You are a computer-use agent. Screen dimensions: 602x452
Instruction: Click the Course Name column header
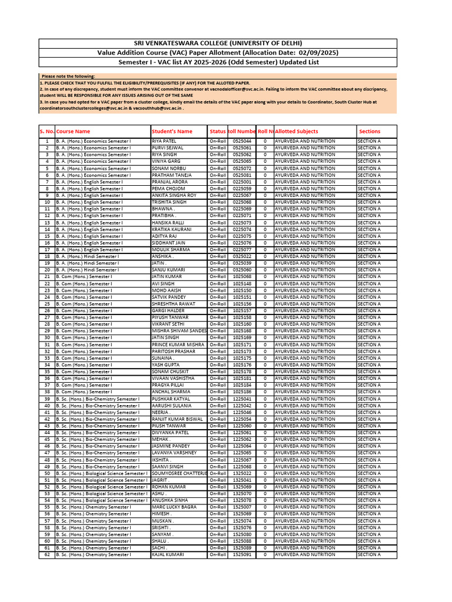[x=73, y=132]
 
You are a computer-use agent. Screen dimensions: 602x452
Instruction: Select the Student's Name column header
[x=172, y=132]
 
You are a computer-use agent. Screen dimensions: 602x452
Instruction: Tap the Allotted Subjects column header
[x=297, y=132]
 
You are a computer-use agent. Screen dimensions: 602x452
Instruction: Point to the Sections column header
[x=370, y=132]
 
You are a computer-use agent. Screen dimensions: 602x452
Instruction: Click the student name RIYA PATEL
[x=164, y=141]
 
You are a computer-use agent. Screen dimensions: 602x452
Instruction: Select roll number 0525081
[x=242, y=175]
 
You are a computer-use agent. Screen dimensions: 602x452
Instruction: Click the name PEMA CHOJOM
[x=168, y=189]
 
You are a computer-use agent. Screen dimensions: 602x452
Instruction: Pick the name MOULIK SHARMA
[x=171, y=249]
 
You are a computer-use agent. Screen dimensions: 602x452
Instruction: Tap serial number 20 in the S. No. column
[x=47, y=270]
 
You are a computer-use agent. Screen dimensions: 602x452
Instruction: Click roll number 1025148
[x=242, y=283]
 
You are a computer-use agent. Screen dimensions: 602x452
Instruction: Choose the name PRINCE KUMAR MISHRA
[x=178, y=345]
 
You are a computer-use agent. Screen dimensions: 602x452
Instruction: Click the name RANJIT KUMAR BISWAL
[x=177, y=419]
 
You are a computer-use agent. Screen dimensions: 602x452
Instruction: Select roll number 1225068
[x=242, y=467]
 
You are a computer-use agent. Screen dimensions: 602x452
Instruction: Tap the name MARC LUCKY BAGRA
[x=174, y=507]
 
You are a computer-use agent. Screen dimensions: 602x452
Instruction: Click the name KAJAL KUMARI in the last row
[x=168, y=554]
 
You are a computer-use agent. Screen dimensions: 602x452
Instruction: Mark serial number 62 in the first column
[x=47, y=554]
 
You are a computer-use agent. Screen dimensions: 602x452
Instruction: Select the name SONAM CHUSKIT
[x=169, y=372]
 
